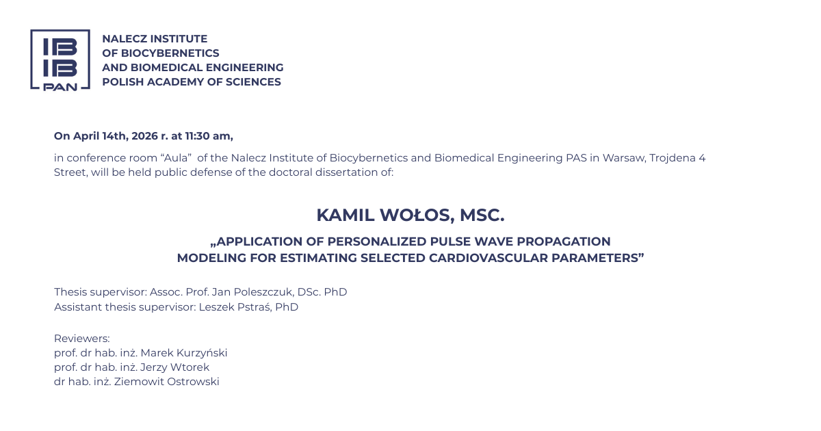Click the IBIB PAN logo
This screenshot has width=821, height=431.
click(60, 60)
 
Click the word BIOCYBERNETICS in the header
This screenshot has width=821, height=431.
click(170, 53)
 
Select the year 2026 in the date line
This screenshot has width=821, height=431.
click(145, 136)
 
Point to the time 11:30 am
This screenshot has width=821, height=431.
click(208, 136)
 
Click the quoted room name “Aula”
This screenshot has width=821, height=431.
click(177, 157)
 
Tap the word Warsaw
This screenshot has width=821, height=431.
click(624, 158)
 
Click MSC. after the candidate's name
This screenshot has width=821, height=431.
click(482, 215)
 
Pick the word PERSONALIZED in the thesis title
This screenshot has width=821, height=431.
click(376, 241)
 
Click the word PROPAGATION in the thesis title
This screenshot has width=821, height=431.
click(564, 241)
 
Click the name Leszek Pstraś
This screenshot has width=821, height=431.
click(235, 307)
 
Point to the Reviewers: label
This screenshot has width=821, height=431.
click(81, 338)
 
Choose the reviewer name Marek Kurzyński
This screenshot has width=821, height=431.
click(184, 353)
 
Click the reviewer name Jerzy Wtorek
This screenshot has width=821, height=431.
click(175, 367)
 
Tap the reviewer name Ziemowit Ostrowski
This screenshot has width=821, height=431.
click(167, 382)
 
